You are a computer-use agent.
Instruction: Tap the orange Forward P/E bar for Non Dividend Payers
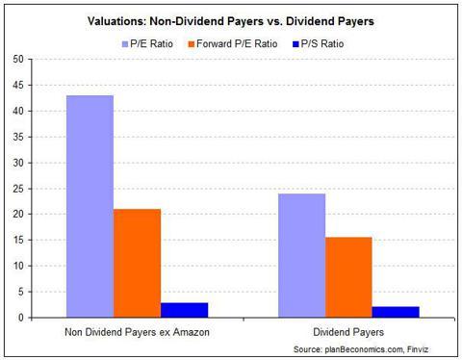(x=137, y=263)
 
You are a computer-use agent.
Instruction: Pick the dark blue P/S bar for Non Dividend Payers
(x=184, y=310)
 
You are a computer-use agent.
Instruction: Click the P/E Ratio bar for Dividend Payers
(x=301, y=255)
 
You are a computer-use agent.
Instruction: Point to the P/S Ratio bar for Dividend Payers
(x=396, y=312)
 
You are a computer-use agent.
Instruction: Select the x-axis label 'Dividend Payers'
(x=348, y=331)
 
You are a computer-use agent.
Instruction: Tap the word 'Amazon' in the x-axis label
(x=192, y=331)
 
